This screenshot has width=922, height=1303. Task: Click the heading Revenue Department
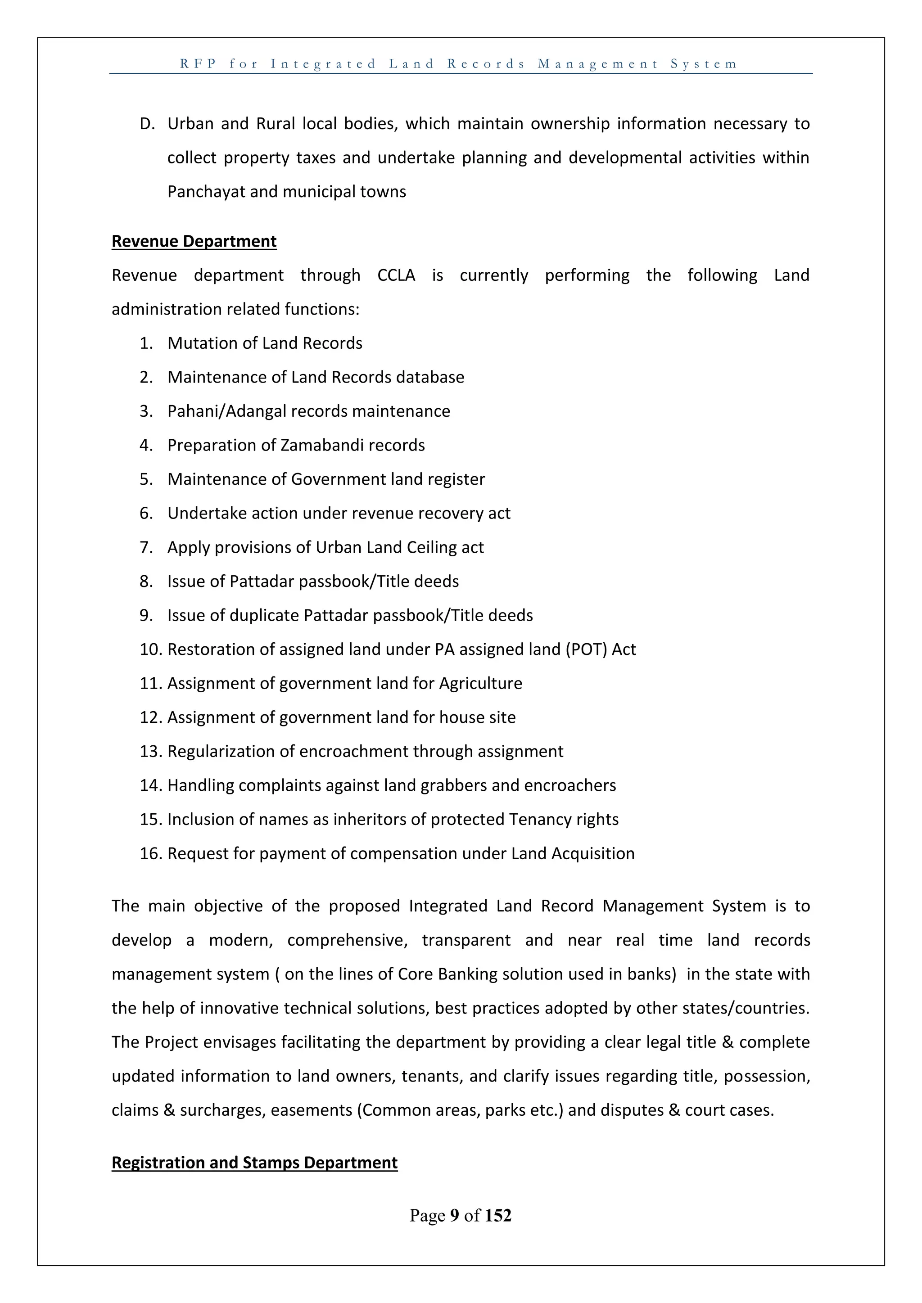pyautogui.click(x=194, y=241)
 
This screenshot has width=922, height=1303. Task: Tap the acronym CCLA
pyautogui.click(x=396, y=275)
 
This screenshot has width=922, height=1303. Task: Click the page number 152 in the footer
pyautogui.click(x=498, y=1215)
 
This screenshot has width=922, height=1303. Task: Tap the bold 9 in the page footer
pyautogui.click(x=454, y=1215)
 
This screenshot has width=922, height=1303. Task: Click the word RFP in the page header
pyautogui.click(x=198, y=63)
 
